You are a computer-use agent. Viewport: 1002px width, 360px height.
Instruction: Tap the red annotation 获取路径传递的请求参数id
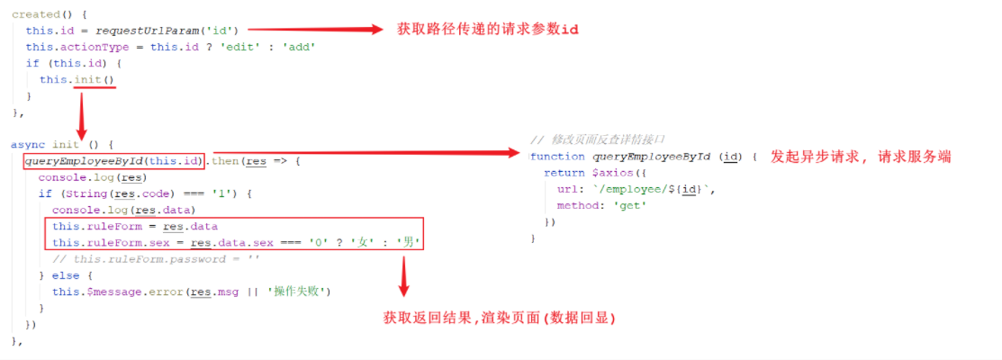pos(488,30)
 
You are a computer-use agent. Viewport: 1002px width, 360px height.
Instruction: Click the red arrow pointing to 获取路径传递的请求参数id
pos(315,29)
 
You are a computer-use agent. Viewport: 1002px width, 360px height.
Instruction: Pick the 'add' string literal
pos(298,47)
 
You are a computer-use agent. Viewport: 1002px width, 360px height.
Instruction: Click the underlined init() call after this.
pos(95,80)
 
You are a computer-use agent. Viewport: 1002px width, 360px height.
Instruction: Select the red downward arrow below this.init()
pos(81,110)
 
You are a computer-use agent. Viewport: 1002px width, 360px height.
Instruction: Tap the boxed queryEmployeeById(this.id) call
pos(114,161)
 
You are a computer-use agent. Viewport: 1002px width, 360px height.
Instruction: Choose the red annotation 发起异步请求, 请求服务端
pos(861,157)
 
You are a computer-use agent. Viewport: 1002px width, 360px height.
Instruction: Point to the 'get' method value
pos(630,205)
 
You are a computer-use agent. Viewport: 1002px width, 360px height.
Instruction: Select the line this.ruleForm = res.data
pos(135,227)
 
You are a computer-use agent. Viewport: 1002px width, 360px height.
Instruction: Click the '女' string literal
pos(364,243)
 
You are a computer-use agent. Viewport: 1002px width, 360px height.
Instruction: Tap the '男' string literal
pos(409,243)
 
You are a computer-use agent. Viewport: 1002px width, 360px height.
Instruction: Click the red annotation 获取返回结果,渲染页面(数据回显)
pos(499,317)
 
